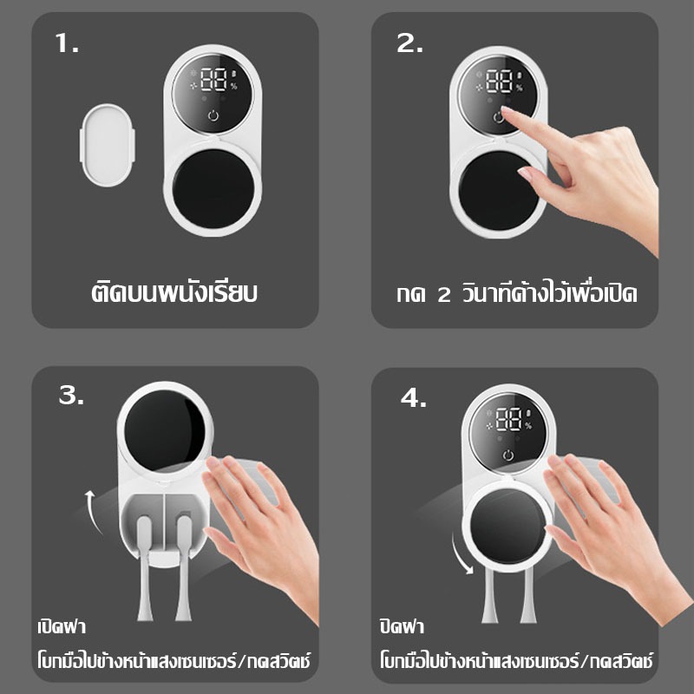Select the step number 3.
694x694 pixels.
point(71,395)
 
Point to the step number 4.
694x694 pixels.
point(414,398)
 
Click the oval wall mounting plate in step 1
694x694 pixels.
point(108,145)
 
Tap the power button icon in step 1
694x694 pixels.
point(213,116)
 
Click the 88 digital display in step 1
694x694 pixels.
point(213,79)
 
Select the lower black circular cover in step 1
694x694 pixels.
point(213,188)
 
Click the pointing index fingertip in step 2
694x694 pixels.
point(504,110)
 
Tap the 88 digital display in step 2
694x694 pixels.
point(500,81)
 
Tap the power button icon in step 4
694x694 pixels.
point(508,455)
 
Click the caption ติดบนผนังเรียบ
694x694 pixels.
point(174,292)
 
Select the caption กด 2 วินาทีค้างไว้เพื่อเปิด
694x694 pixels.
point(517,292)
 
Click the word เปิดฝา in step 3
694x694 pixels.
point(62,625)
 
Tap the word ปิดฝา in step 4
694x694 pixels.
point(402,625)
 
